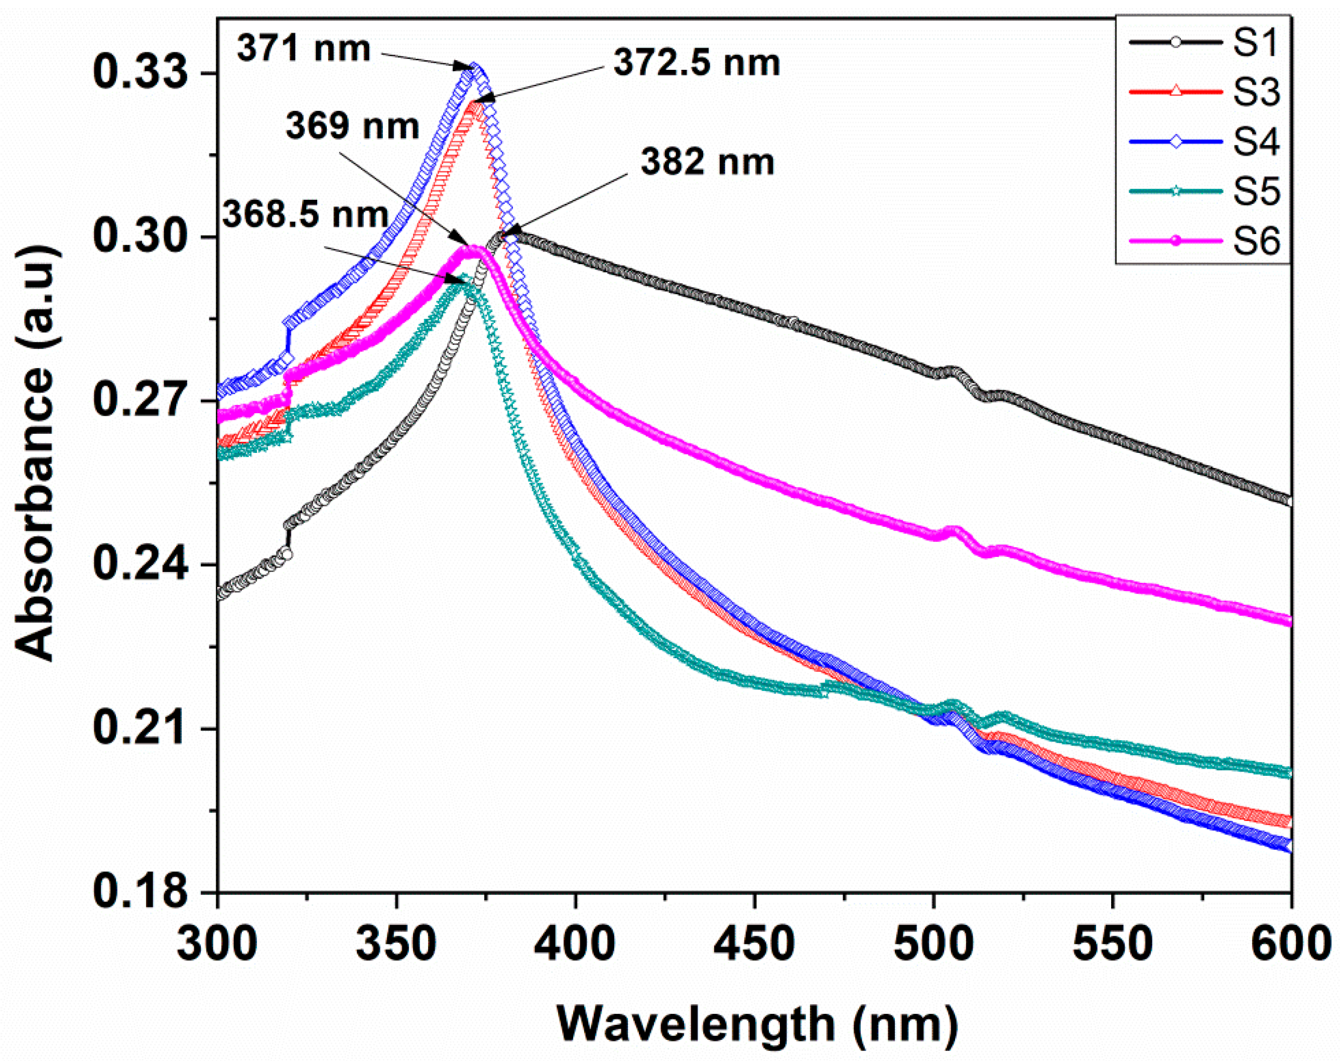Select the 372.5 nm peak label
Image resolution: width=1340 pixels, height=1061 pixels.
click(697, 63)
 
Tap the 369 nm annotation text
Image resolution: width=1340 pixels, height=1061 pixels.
click(352, 126)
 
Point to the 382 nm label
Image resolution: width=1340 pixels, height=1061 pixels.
click(707, 163)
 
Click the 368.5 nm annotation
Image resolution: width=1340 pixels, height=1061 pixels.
click(306, 215)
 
